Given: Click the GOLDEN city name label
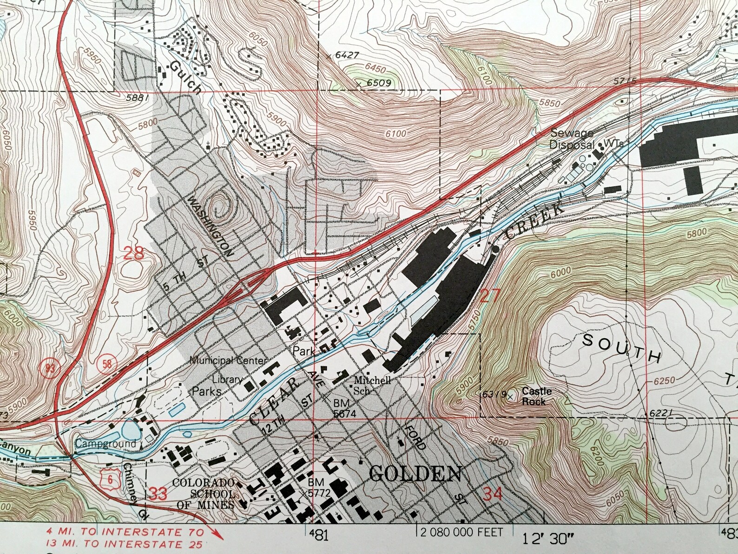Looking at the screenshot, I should pyautogui.click(x=415, y=474).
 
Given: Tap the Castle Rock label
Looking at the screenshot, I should pyautogui.click(x=536, y=396).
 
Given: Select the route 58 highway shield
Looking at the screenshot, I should pyautogui.click(x=107, y=363).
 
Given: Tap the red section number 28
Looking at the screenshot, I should pyautogui.click(x=134, y=254).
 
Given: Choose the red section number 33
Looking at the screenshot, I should pyautogui.click(x=158, y=494).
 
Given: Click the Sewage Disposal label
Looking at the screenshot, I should pyautogui.click(x=572, y=138).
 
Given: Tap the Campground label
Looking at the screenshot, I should pyautogui.click(x=106, y=443).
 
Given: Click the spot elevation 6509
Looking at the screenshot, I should pyautogui.click(x=378, y=83).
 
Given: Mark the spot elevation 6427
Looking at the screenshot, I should pyautogui.click(x=347, y=55).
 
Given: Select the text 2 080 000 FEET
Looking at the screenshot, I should pyautogui.click(x=461, y=531).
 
